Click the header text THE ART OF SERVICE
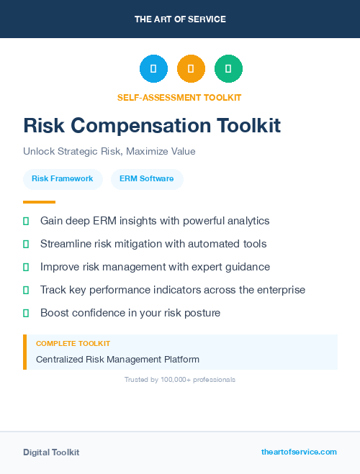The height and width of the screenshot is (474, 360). pos(180,19)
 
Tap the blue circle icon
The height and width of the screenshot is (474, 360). pos(153,69)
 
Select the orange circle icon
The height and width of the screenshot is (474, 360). pos(191,69)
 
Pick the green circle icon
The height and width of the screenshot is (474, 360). pos(228,69)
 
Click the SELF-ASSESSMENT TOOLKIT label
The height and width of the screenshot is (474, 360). pos(179,97)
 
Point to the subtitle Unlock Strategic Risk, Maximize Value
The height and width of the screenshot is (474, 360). pos(109,152)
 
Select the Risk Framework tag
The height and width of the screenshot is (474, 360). pos(63,179)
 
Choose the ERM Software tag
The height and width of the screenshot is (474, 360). pos(147,179)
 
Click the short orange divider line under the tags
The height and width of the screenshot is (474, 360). pos(39,202)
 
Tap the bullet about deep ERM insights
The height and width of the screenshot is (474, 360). pos(154,221)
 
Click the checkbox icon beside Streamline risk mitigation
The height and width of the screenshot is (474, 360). pos(27,245)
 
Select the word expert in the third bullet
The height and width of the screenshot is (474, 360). pos(184,267)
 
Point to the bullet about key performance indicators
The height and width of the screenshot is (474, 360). pos(172,290)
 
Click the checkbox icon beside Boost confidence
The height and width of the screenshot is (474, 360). pos(27,314)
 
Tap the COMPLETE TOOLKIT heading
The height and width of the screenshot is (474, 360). pos(73,344)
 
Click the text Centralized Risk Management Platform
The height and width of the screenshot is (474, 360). pos(117,359)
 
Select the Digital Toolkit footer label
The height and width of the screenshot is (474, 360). pos(51,452)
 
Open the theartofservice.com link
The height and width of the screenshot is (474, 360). pos(299,452)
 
